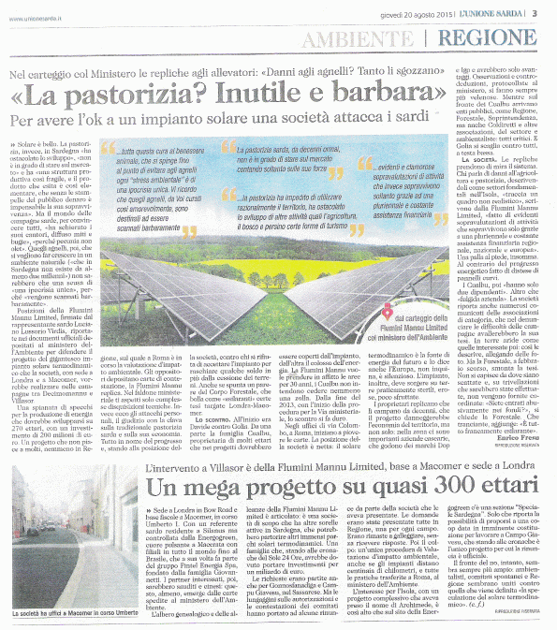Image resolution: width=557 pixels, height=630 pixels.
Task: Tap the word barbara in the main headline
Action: (381, 95)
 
